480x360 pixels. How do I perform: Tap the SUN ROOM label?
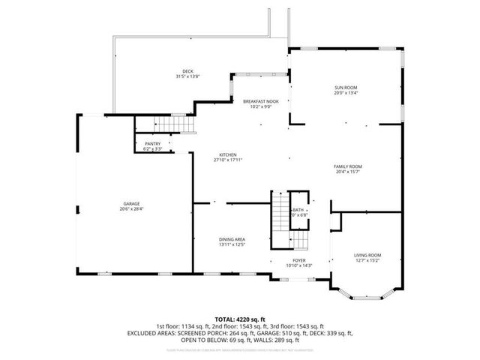pos(346,88)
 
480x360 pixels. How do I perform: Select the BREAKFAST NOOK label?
pos(260,101)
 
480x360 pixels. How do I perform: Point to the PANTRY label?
pos(152,145)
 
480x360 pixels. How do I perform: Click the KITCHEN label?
pos(227,154)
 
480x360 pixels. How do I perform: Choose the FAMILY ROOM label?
pos(348,166)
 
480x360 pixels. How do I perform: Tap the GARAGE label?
pos(132,203)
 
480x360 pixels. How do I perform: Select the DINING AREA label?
pos(232,239)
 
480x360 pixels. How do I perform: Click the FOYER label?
pos(298,260)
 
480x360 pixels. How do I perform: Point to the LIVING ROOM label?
pos(367,256)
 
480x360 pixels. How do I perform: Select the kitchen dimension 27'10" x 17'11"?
pos(227,159)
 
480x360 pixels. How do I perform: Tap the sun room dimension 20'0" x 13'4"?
pos(346,94)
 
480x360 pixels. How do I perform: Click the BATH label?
pos(299,210)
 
